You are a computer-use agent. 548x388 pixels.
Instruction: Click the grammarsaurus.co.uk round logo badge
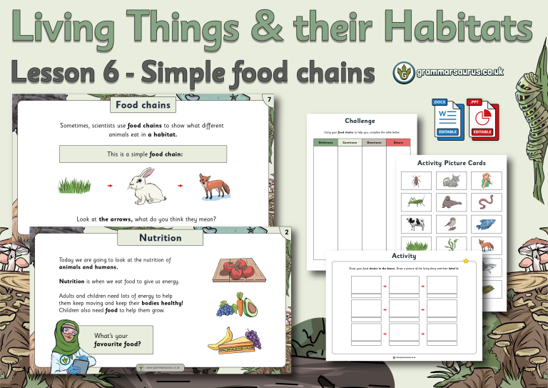405,71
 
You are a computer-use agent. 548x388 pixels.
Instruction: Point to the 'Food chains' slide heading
143,106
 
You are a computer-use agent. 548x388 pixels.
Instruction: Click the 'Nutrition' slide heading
160,237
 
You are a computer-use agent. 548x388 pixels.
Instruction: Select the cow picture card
416,224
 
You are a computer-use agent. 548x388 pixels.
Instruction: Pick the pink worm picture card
487,202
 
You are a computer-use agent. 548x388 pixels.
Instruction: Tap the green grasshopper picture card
416,202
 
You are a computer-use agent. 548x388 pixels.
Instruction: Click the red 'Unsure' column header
398,143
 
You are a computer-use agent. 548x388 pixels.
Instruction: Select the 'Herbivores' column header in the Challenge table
325,143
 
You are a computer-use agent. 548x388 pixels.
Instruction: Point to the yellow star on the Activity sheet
465,260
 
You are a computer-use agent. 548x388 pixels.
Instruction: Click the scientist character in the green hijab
70,344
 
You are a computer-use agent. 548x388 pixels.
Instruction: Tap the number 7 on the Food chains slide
268,99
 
